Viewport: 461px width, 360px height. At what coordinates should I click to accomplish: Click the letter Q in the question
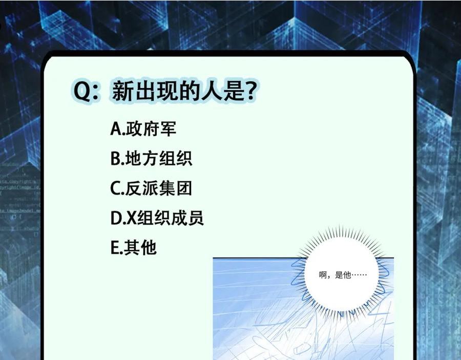82,91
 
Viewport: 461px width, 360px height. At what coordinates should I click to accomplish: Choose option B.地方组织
151,158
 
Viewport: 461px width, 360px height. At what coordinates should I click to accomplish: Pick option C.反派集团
151,188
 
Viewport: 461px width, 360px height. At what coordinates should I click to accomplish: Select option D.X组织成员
157,218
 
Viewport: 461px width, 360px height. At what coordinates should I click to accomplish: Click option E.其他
134,247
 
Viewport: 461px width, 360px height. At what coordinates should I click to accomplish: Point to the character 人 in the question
212,91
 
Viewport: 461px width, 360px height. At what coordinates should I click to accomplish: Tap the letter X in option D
132,218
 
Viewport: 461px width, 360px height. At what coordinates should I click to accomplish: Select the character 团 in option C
184,188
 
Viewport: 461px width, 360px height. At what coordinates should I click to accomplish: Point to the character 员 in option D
196,218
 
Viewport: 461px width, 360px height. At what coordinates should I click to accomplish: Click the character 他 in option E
149,247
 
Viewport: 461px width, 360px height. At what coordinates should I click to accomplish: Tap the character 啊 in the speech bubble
323,275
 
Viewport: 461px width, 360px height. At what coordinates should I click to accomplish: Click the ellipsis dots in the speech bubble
359,276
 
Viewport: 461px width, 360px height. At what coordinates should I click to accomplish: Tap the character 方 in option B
150,158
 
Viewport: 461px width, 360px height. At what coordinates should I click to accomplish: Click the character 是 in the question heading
234,91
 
